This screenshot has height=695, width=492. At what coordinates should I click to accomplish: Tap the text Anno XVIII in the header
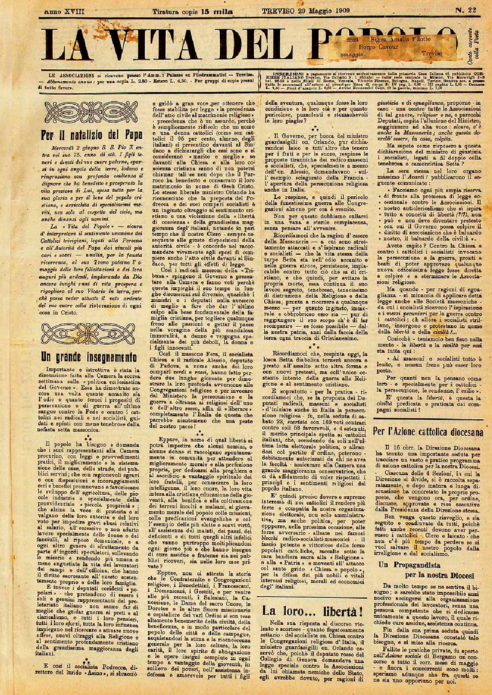click(64, 11)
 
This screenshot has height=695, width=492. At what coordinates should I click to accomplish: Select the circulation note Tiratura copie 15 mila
click(193, 11)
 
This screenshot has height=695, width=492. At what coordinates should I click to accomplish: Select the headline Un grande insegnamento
click(88, 357)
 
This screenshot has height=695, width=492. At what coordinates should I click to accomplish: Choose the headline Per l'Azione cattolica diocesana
click(428, 432)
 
